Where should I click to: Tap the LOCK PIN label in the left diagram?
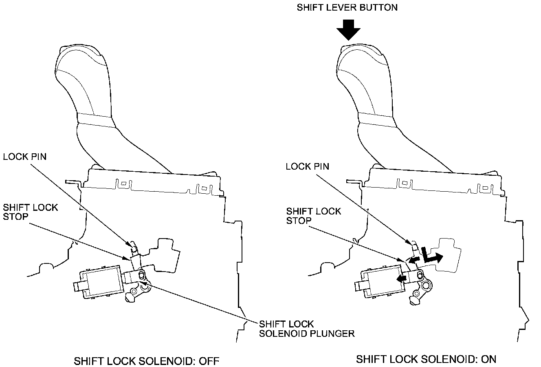click(x=24, y=157)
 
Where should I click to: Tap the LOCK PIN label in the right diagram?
click(x=308, y=166)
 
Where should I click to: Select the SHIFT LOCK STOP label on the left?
click(x=31, y=212)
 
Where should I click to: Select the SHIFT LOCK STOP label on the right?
click(x=314, y=216)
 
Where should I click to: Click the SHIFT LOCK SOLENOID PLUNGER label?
click(x=306, y=329)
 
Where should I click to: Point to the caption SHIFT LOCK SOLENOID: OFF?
click(x=147, y=361)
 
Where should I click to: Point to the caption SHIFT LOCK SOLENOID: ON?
click(x=426, y=359)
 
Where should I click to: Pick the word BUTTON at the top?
click(x=379, y=7)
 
